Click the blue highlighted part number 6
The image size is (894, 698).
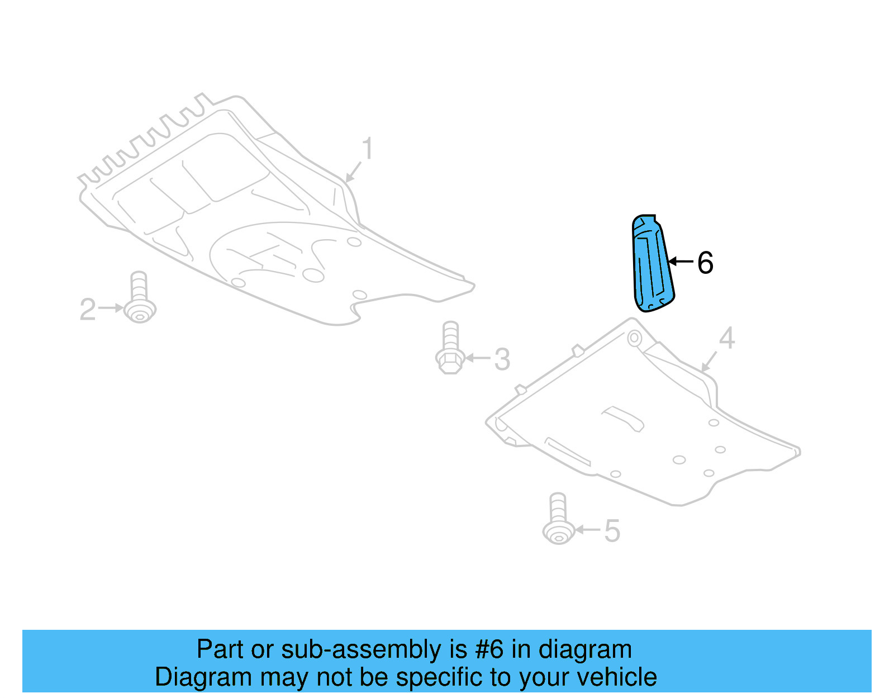652,263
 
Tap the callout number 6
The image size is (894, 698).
705,263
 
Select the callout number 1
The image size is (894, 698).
367,149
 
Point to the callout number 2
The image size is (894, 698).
88,310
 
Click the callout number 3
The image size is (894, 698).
502,359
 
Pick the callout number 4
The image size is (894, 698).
726,338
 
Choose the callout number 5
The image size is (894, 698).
612,531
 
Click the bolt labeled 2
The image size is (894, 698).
139,299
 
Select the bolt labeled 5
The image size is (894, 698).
558,519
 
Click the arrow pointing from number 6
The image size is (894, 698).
681,261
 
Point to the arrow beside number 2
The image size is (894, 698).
111,308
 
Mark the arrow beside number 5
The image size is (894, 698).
587,529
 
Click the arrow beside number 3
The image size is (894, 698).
477,358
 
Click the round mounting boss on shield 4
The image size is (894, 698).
634,338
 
